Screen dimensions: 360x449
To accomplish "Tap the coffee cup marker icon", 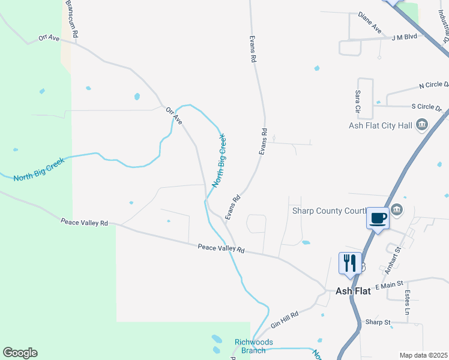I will pyautogui.click(x=378, y=218).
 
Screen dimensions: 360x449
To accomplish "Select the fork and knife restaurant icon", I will pyautogui.click(x=349, y=262).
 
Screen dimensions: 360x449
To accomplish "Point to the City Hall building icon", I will pyautogui.click(x=422, y=125).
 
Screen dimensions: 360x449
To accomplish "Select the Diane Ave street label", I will pyautogui.click(x=370, y=22).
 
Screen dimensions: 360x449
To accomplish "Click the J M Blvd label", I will pyautogui.click(x=404, y=37).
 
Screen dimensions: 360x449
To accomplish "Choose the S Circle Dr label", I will pyautogui.click(x=426, y=107).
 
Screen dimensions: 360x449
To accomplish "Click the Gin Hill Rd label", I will pyautogui.click(x=285, y=320).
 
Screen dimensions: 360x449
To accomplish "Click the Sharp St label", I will pyautogui.click(x=378, y=322).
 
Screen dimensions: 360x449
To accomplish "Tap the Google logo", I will pyautogui.click(x=20, y=353).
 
